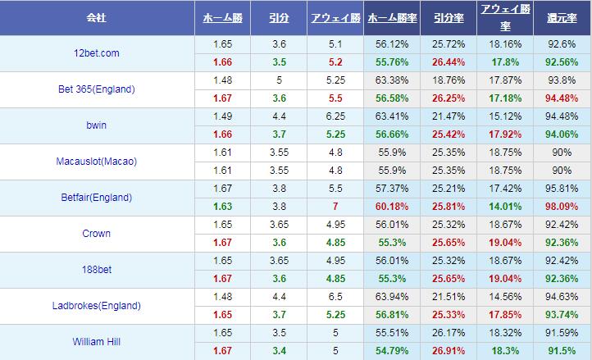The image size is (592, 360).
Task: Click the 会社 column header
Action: point(96,17)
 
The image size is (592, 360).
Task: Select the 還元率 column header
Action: point(562,17)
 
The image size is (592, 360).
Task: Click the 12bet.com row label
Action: point(96,53)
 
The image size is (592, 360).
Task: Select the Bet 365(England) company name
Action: point(96,89)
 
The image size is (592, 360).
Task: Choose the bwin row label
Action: point(96,125)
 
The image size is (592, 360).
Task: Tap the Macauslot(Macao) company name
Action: point(96,162)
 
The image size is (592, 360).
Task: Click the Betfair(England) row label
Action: point(96,198)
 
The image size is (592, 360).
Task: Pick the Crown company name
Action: point(96,234)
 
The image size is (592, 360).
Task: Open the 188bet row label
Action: point(96,270)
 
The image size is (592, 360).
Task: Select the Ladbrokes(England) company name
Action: point(96,306)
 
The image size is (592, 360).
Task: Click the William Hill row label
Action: point(96,342)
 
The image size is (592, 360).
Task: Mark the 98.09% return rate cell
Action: point(562,207)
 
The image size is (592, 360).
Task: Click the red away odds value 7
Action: point(335,207)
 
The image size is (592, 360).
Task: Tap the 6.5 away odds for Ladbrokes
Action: point(335,297)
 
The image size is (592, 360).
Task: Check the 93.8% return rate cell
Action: point(562,80)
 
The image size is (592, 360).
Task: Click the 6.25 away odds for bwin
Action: point(335,116)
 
